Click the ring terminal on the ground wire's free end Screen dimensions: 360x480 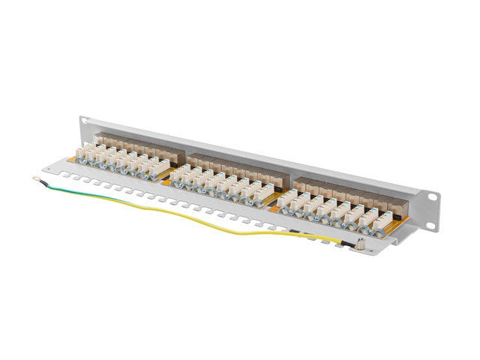click(x=37, y=178)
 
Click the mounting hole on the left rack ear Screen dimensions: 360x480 click(x=83, y=119)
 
